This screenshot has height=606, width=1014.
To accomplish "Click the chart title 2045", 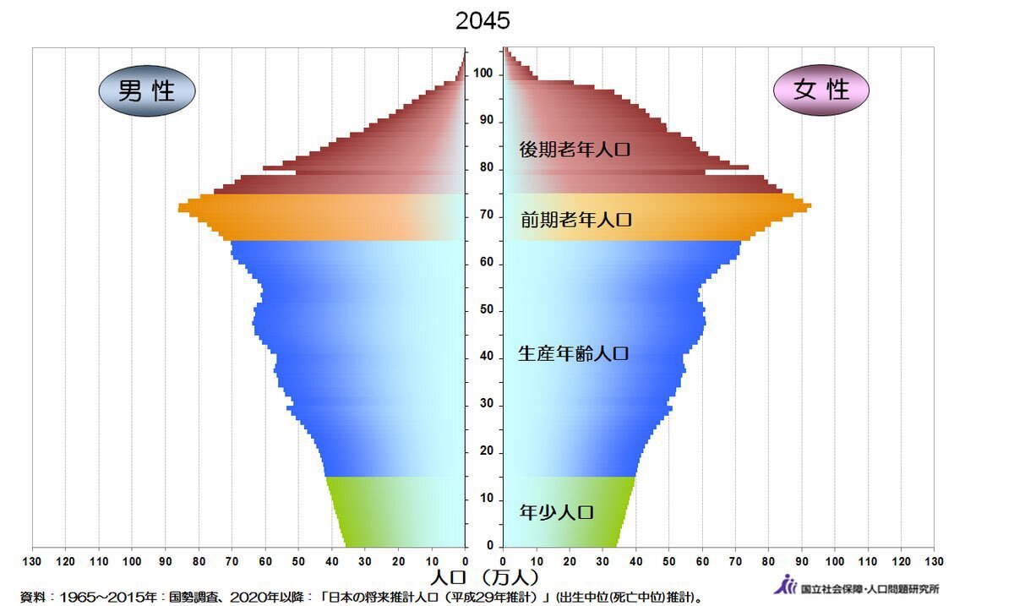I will coord(482,21).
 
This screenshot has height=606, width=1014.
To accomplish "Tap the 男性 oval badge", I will coord(147,90).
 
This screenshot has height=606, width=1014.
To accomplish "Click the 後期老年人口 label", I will coord(575,150).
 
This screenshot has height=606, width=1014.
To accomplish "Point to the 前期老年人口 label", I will coord(576,221).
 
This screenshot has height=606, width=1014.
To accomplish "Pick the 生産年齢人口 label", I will coord(574,354).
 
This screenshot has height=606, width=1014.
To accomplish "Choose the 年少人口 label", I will coord(557,512).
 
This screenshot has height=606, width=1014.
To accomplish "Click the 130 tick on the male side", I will coord(32,561).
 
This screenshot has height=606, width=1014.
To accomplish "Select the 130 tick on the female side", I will coord(934,561).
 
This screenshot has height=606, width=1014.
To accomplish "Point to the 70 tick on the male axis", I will coord(232,561).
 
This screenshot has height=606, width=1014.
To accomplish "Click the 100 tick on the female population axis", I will coord(835,561).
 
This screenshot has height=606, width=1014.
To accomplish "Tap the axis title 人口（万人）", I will coord(483,579).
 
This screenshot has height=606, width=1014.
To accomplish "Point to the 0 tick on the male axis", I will coord(465,561).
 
